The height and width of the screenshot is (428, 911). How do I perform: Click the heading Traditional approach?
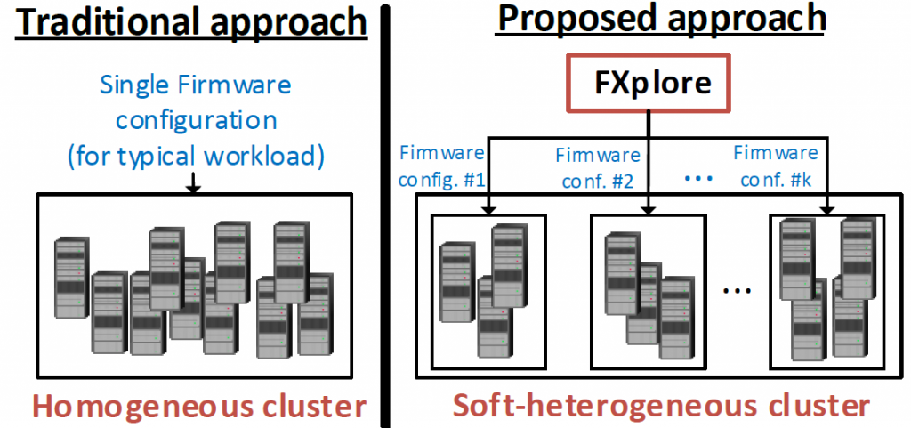click(192, 21)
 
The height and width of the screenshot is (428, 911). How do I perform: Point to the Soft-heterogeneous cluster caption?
click(661, 407)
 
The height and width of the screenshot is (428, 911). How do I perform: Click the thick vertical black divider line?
click(385, 214)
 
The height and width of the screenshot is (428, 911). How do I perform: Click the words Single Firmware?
click(195, 86)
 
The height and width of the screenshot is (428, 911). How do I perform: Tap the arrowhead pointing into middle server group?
click(651, 210)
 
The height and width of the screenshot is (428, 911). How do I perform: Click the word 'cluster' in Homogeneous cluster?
click(302, 407)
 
